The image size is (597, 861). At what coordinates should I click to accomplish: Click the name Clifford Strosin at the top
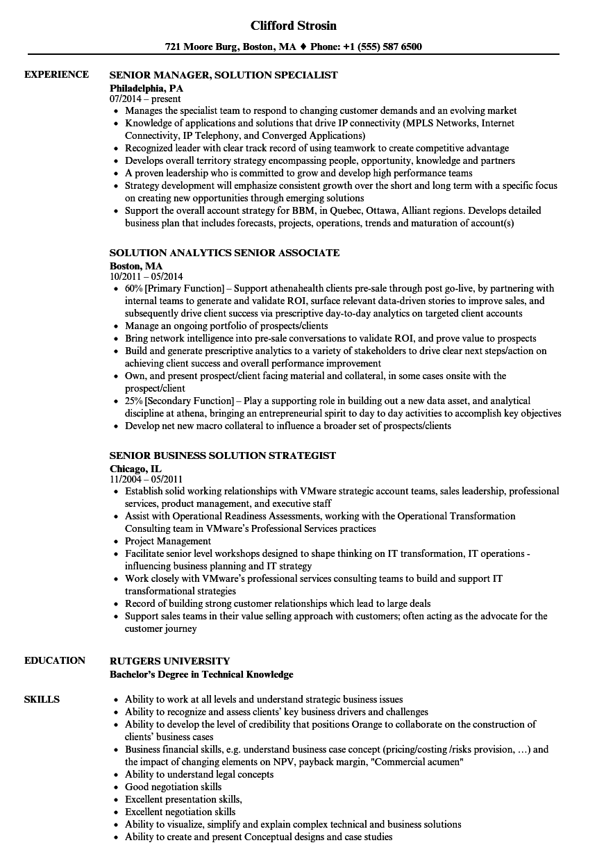coord(294,26)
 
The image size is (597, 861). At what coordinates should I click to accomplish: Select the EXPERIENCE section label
coord(56,74)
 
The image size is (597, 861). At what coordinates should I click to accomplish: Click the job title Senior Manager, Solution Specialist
coord(224,75)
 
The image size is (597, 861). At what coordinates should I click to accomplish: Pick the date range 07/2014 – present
coord(145,99)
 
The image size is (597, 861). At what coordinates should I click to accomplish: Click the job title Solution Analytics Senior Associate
coord(224,253)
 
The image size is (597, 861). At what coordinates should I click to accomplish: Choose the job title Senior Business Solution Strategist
coord(222,455)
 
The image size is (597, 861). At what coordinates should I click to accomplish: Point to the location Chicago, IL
coord(135,468)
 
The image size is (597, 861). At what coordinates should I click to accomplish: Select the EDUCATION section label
coord(55,660)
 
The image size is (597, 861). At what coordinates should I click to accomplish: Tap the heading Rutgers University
coord(169,661)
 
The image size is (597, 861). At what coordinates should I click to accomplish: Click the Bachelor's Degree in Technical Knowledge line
coord(201,674)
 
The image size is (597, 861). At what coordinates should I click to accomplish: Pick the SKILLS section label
coord(42,699)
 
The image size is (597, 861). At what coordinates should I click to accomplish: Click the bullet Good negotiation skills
coord(173,787)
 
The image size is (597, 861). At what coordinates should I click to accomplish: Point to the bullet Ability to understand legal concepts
coord(199,775)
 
